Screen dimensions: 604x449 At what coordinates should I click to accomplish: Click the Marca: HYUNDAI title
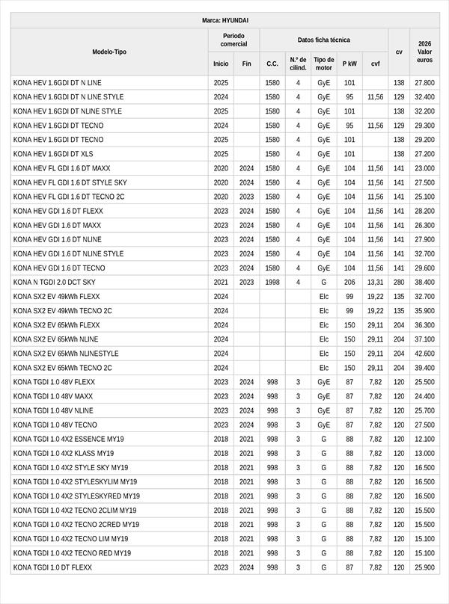224,20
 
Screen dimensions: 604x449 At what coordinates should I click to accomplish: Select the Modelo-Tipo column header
109,52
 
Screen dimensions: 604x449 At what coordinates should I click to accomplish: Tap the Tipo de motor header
323,64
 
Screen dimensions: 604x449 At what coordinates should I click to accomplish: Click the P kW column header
349,64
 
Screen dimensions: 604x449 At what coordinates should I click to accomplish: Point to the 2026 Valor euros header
424,52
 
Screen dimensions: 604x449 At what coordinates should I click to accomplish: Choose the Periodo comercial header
233,40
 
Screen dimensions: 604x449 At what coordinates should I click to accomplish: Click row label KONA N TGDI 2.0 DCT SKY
55,282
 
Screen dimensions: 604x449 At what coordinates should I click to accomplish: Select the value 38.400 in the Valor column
424,282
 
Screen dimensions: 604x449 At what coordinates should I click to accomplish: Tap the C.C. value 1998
272,282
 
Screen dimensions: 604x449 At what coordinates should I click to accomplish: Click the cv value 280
399,282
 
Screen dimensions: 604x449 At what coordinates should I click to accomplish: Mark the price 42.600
424,354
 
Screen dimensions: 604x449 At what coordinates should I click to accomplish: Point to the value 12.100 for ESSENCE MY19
424,439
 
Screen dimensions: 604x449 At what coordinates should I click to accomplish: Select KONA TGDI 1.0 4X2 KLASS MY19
64,453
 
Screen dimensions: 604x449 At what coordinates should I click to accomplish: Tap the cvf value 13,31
375,282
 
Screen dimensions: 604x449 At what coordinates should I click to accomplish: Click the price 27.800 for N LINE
424,82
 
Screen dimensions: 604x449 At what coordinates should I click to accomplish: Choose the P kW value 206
349,282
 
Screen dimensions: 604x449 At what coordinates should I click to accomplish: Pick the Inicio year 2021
221,282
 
